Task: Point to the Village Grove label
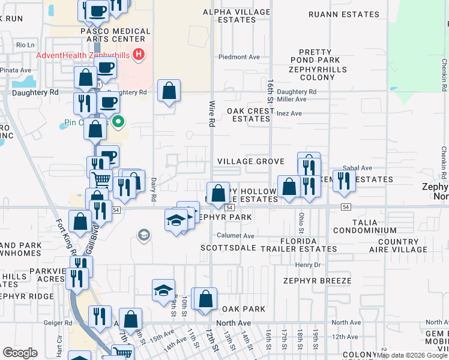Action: pyautogui.click(x=250, y=161)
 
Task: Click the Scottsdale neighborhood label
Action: pyautogui.click(x=228, y=247)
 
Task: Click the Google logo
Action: pyautogui.click(x=20, y=353)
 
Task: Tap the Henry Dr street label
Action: pyautogui.click(x=309, y=265)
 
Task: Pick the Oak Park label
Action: pyautogui.click(x=243, y=308)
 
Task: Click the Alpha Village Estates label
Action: pyautogui.click(x=229, y=16)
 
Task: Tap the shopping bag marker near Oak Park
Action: pyautogui.click(x=205, y=299)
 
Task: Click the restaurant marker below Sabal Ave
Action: pyautogui.click(x=344, y=180)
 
